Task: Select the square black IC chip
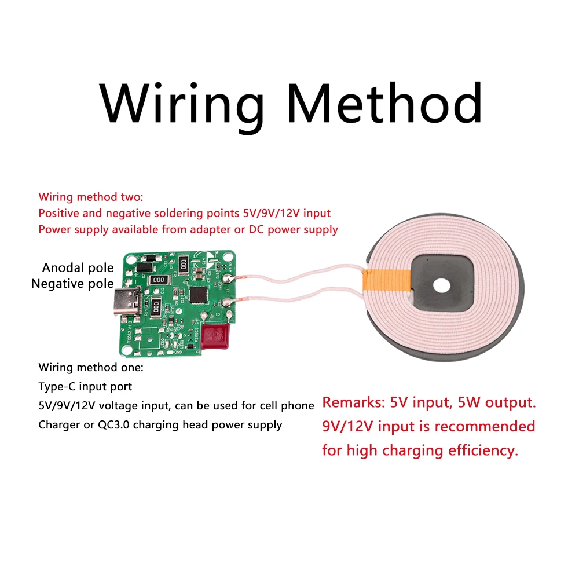tap(200, 295)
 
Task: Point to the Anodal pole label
tap(78, 268)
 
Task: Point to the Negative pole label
tap(72, 284)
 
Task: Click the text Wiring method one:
tap(90, 367)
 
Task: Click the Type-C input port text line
tap(85, 386)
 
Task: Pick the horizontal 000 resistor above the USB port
tap(158, 280)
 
